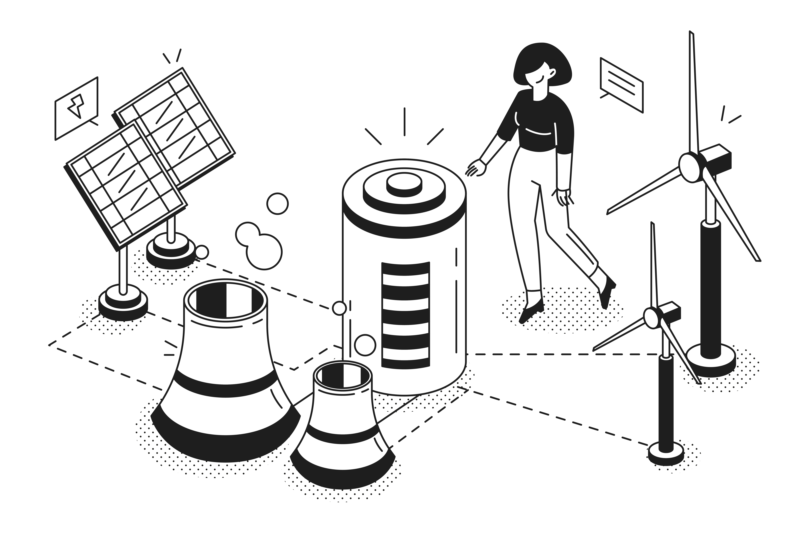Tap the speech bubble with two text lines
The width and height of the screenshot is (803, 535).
click(x=621, y=85)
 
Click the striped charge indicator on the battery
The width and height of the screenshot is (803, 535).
click(x=405, y=316)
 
